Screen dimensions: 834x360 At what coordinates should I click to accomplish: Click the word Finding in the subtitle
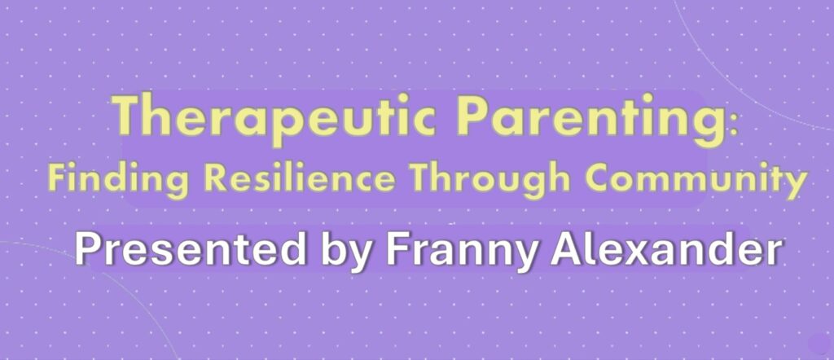click(x=117, y=178)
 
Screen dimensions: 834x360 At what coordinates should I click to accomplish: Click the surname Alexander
click(x=668, y=249)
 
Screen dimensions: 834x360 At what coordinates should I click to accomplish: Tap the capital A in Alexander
click(x=568, y=250)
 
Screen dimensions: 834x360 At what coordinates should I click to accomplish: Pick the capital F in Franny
click(x=397, y=250)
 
